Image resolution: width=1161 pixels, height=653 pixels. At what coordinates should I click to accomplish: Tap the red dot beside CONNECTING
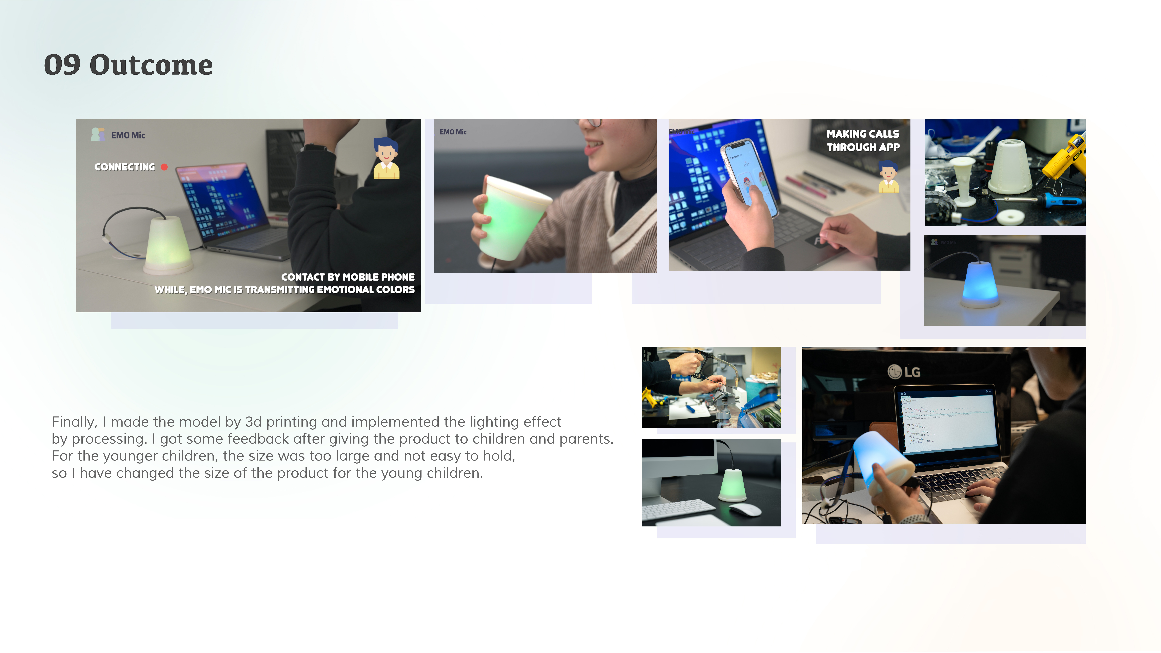[164, 167]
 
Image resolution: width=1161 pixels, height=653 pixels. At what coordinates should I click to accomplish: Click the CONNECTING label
[124, 167]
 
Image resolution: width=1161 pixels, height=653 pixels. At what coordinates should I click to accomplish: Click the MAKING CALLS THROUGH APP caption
[863, 140]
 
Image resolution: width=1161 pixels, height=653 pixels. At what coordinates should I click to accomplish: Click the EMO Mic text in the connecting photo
[128, 135]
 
